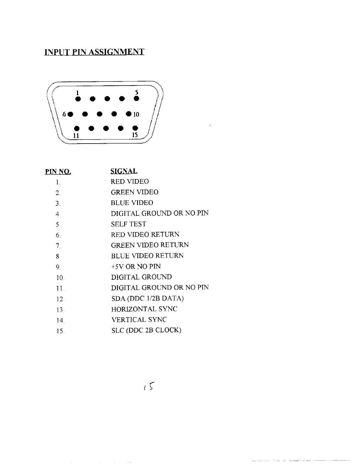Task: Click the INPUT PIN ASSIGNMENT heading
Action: [94, 52]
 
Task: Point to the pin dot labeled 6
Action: [70, 114]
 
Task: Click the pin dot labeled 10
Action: [129, 114]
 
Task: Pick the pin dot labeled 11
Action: [77, 128]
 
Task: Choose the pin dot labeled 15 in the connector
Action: [135, 128]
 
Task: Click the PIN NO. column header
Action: [58, 172]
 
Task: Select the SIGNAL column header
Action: [124, 171]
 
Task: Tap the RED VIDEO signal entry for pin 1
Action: [130, 182]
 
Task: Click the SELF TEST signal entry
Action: [128, 224]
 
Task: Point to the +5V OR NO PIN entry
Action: [136, 267]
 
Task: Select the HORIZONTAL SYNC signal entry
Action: [144, 309]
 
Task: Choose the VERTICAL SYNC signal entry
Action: [139, 320]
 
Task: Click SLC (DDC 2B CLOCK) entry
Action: [146, 330]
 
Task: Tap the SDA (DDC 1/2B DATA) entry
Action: [147, 299]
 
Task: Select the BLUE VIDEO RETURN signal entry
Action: [147, 256]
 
